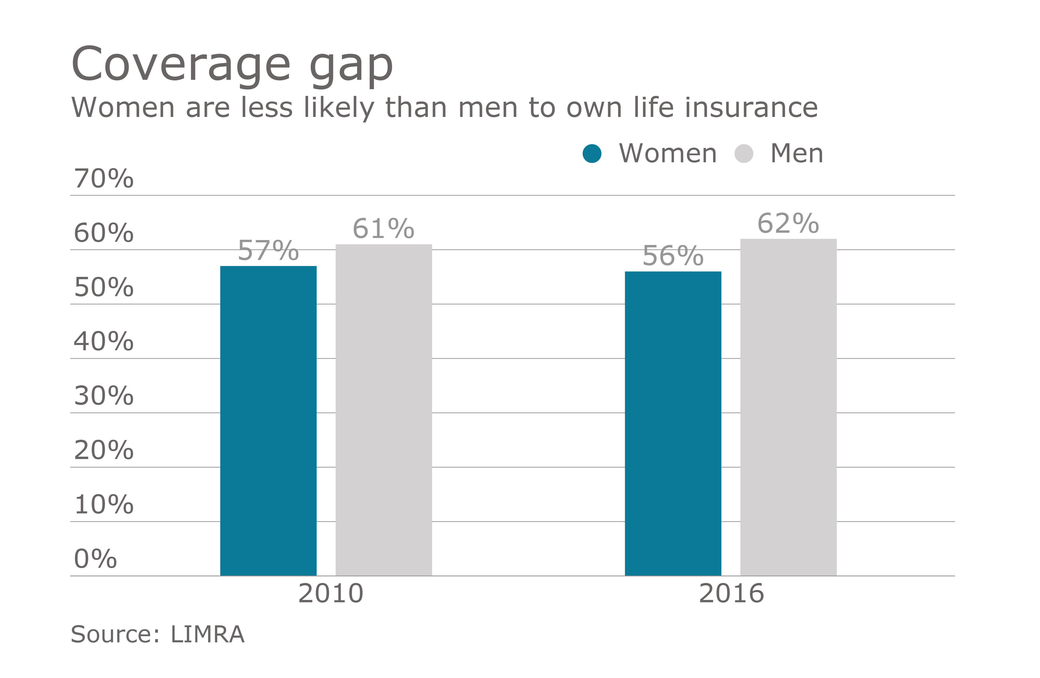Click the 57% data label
[x=268, y=251]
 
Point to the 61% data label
[x=384, y=229]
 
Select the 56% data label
[x=673, y=256]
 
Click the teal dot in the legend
[x=592, y=153]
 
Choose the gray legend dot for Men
[x=744, y=153]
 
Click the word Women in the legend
[x=668, y=153]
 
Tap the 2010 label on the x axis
[x=331, y=593]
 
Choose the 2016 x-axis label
[x=731, y=593]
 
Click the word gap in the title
[x=351, y=65]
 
